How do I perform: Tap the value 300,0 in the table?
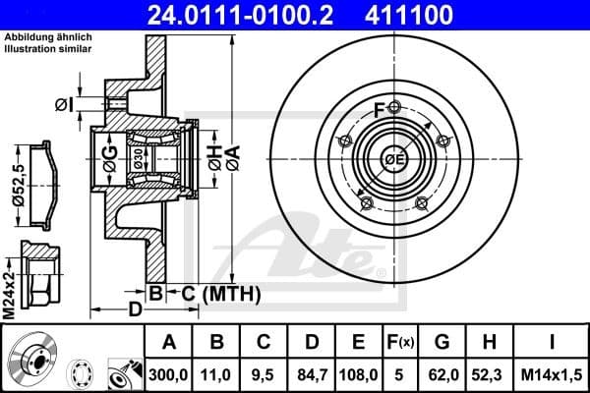tap(169, 374)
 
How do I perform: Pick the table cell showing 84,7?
tap(312, 374)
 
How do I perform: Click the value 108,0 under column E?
tap(359, 374)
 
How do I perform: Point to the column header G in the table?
tap(442, 343)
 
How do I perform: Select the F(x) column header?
tap(401, 343)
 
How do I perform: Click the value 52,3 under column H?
tap(490, 374)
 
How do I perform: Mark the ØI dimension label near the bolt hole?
tap(65, 104)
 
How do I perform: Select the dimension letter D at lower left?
tap(135, 310)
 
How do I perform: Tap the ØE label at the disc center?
tap(394, 160)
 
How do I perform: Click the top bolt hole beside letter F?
tap(394, 107)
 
